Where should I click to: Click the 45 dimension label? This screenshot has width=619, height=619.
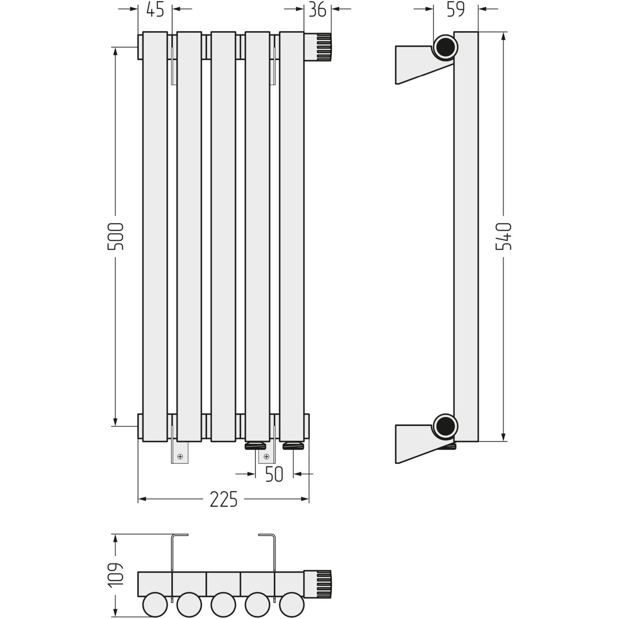(155, 9)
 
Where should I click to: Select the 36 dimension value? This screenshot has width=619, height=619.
(317, 9)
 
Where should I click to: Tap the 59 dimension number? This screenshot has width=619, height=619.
(456, 9)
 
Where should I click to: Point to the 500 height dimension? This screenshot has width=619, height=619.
(116, 237)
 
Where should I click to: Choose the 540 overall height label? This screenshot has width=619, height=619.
(504, 236)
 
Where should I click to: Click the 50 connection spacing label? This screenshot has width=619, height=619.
(274, 474)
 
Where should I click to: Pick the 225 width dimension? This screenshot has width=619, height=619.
(224, 499)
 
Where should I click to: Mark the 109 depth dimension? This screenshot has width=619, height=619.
(116, 576)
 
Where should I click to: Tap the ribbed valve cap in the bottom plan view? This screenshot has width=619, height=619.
(324, 585)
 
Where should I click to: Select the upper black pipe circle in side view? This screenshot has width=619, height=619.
(445, 47)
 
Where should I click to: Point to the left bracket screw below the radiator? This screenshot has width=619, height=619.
(180, 456)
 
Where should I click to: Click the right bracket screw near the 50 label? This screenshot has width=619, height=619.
(267, 456)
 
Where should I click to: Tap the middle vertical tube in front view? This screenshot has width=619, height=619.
(223, 237)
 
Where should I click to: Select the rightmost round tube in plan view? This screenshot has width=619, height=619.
(292, 605)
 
